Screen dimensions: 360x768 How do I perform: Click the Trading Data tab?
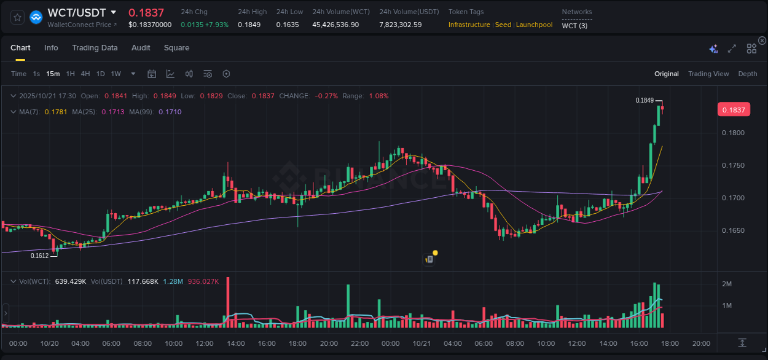pos(95,48)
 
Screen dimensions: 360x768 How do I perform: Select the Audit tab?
pos(141,48)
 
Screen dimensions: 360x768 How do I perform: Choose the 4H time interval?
pos(85,74)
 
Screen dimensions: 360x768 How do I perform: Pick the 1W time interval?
pos(116,74)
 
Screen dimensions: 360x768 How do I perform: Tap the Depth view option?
pos(747,74)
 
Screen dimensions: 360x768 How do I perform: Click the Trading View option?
pos(708,74)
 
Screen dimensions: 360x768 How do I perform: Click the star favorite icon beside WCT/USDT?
pos(17,17)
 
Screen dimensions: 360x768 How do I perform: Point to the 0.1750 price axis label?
pos(732,166)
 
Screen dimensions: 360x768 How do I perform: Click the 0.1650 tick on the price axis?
pos(732,231)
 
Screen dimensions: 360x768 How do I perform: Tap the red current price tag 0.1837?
pos(733,110)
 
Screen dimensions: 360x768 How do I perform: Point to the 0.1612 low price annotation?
pos(39,256)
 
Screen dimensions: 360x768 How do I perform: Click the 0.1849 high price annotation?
pos(645,100)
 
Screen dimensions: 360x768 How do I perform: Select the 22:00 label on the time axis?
pos(360,343)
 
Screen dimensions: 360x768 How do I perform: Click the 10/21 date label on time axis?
pos(421,343)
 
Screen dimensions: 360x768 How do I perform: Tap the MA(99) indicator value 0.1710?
pos(170,112)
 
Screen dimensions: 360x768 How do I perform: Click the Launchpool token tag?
pos(534,25)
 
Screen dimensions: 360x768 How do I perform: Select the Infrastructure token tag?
pos(469,25)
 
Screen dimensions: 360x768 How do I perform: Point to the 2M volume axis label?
pos(726,284)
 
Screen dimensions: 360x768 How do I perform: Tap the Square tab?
pos(176,48)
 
